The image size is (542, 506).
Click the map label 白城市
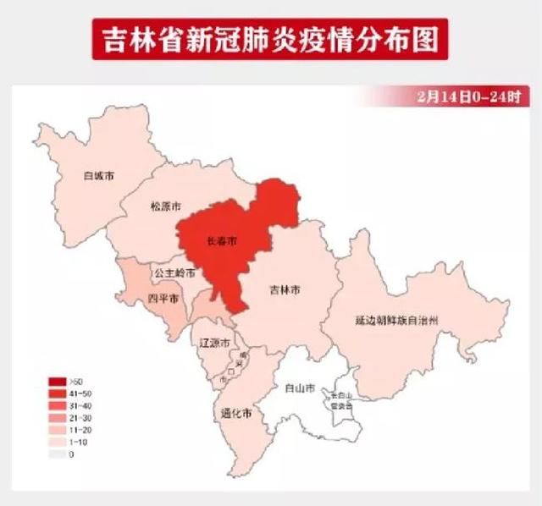[x=98, y=177]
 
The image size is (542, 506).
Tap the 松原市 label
[x=166, y=206]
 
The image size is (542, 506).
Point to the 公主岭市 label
[x=174, y=274]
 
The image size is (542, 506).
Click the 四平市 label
[x=163, y=300]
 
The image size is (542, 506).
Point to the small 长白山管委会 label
[x=342, y=400]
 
